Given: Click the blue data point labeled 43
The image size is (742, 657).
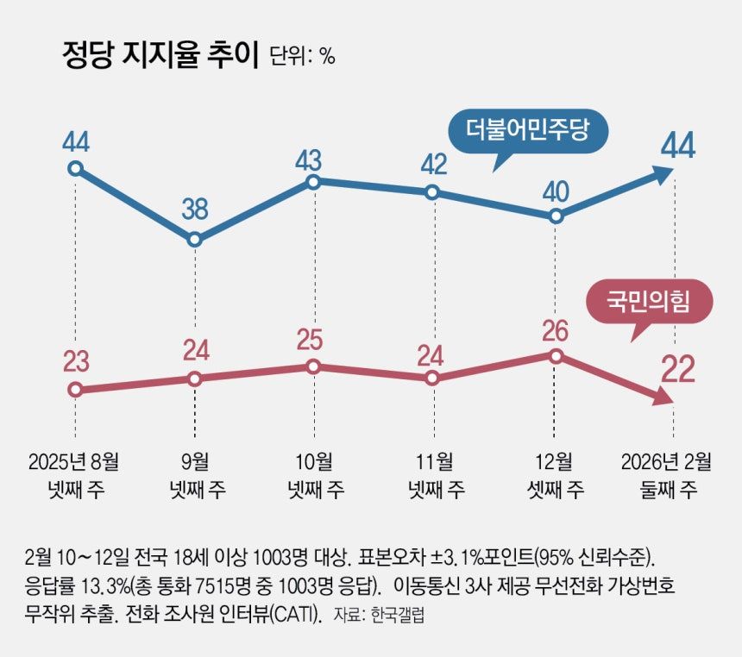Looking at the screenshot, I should (314, 181).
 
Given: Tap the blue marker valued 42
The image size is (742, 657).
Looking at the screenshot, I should (433, 191).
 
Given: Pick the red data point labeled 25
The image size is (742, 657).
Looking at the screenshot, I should (314, 366).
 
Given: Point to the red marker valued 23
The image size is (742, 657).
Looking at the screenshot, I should (76, 389).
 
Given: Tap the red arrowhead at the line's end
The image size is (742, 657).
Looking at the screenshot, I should (663, 397).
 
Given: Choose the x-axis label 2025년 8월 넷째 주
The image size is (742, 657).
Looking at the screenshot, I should (76, 475).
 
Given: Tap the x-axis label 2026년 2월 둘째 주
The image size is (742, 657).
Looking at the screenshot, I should (667, 475).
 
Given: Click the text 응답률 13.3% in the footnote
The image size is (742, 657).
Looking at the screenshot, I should (75, 586).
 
